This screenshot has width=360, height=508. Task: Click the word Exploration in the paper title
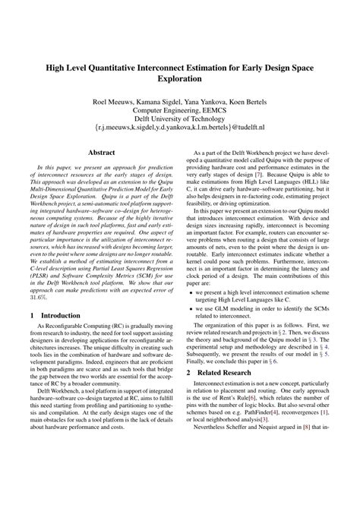point(180,77)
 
